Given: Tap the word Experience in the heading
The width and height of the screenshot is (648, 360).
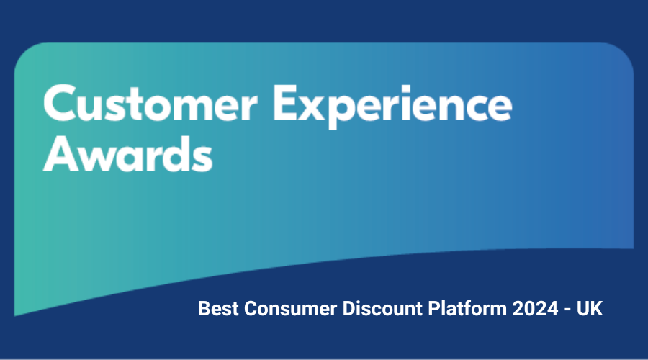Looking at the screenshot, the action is point(392,107).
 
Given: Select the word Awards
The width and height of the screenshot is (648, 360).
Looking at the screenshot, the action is point(127,153).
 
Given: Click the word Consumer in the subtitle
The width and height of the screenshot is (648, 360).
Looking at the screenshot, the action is point(291,309).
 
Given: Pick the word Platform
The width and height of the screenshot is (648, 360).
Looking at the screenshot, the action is point(467,309).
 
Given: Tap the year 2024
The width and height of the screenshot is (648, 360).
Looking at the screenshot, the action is point(536,309).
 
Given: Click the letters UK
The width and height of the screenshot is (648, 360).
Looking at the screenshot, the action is point(590,309).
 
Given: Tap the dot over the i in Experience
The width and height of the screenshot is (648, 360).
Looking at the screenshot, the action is point(405,88).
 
